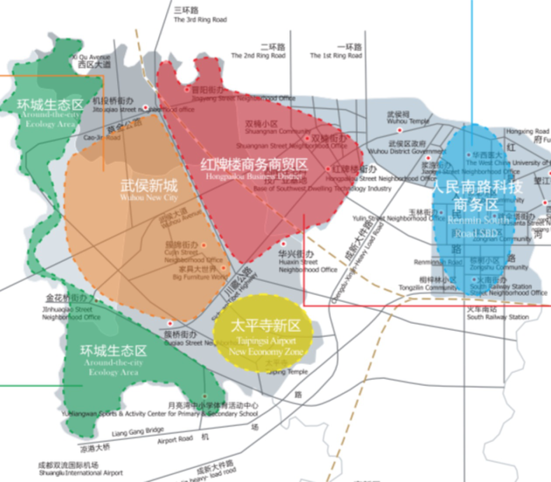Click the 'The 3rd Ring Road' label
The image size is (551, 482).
200,20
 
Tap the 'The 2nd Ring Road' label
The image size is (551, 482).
258,56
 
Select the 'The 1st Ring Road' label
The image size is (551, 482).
336,56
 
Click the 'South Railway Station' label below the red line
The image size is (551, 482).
498,317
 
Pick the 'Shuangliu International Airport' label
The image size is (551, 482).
81,473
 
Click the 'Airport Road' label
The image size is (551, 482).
175,439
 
